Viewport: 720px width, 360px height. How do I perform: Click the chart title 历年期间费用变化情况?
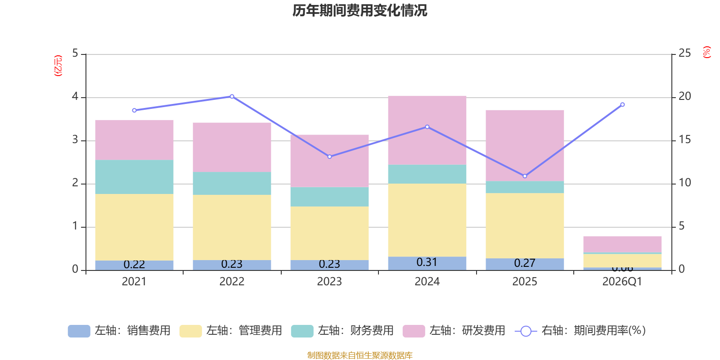360,10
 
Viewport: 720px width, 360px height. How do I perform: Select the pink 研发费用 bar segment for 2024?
427,130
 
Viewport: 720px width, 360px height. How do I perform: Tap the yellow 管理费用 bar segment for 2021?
134,227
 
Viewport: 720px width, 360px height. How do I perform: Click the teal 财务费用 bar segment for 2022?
232,183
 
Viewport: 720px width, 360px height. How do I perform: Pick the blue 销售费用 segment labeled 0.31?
427,263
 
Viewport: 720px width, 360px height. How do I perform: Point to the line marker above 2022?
232,96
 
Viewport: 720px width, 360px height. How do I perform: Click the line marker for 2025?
525,176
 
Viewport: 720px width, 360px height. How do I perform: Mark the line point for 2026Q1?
622,104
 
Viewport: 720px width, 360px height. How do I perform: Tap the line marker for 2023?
329,157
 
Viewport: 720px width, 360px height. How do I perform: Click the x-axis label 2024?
427,282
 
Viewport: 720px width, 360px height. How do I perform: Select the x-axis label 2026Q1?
622,282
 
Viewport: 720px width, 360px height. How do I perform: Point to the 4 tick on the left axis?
75,97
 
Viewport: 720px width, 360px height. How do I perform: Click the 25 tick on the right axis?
684,54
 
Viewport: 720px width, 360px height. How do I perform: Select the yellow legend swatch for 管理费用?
190,331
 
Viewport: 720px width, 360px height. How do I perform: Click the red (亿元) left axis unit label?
58,66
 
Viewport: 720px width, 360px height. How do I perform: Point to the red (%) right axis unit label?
707,52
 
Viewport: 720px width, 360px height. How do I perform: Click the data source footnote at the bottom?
360,355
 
